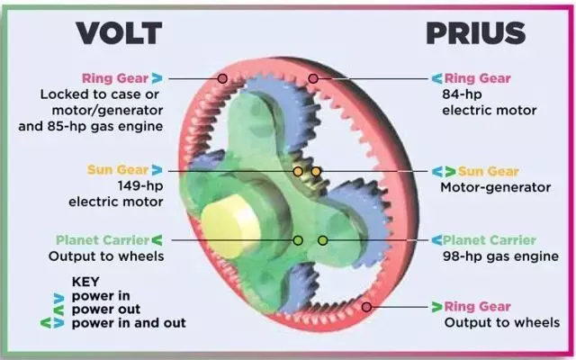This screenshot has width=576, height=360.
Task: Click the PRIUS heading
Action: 473,32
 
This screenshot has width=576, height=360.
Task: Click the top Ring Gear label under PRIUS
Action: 476,78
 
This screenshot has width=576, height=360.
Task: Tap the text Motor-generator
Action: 494,187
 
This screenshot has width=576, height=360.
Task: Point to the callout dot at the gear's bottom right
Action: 365,307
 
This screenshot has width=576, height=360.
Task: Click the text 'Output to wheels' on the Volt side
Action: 106,256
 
